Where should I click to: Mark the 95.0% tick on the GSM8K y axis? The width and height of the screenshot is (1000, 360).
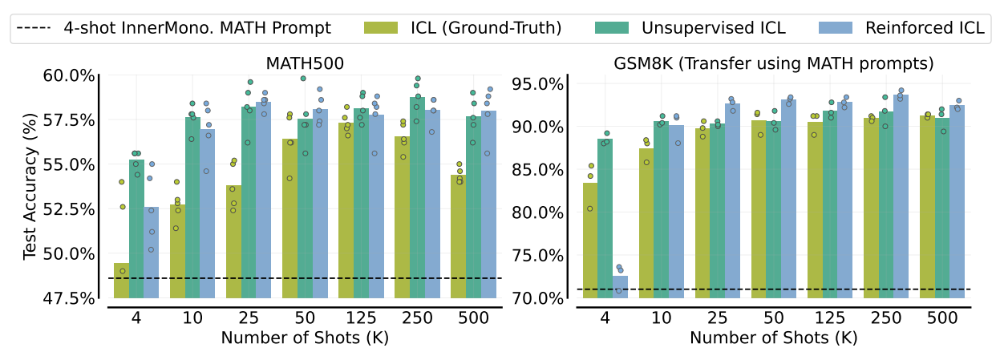click(540, 84)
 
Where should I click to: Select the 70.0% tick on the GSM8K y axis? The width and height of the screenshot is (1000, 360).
click(540, 298)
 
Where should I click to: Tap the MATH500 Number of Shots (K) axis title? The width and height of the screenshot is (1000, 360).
click(304, 338)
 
